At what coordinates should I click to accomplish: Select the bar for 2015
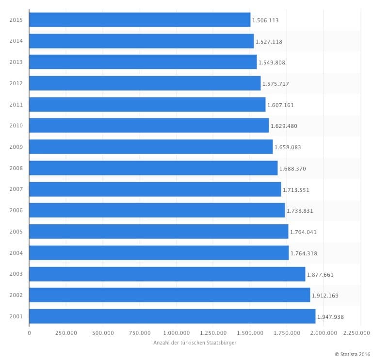[140, 20]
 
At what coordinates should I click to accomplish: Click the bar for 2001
[172, 316]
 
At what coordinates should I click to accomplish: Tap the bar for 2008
[153, 168]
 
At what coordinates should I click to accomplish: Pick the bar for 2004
[159, 253]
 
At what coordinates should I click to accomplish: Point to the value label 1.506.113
[265, 20]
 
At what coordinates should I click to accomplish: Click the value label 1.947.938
[330, 317]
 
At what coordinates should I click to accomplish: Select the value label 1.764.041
[303, 232]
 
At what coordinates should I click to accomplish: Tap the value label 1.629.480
[284, 126]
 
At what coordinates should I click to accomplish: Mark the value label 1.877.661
[320, 275]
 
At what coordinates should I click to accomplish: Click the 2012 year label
[16, 83]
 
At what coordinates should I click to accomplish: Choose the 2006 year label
[16, 210]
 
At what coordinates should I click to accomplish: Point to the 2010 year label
[16, 125]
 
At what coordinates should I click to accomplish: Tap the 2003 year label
[16, 274]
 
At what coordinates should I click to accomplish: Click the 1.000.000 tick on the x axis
[176, 333]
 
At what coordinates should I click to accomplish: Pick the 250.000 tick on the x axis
[66, 333]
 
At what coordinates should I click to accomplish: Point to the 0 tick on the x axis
[29, 333]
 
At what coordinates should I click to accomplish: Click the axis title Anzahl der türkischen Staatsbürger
[195, 343]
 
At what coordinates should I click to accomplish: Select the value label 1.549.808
[272, 63]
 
